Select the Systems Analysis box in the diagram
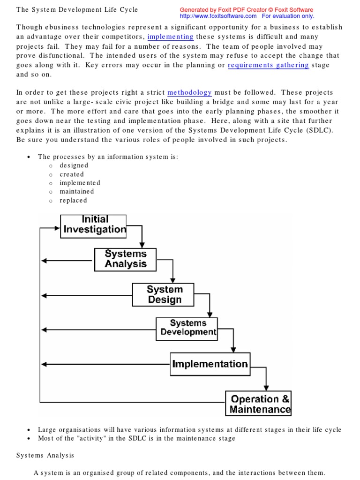pos(125,259)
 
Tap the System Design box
pos(164,295)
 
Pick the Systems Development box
pos(187,328)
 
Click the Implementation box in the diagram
pos(210,364)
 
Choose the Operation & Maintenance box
pos(259,404)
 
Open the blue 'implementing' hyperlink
pos(171,37)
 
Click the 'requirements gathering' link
pos(268,65)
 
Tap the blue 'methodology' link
pos(189,93)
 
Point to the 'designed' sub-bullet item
pos(74,165)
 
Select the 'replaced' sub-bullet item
pos(73,201)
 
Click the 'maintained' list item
pos(77,192)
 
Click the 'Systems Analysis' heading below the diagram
pos(45,455)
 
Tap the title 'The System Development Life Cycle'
pos(77,10)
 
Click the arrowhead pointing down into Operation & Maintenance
pos(266,388)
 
